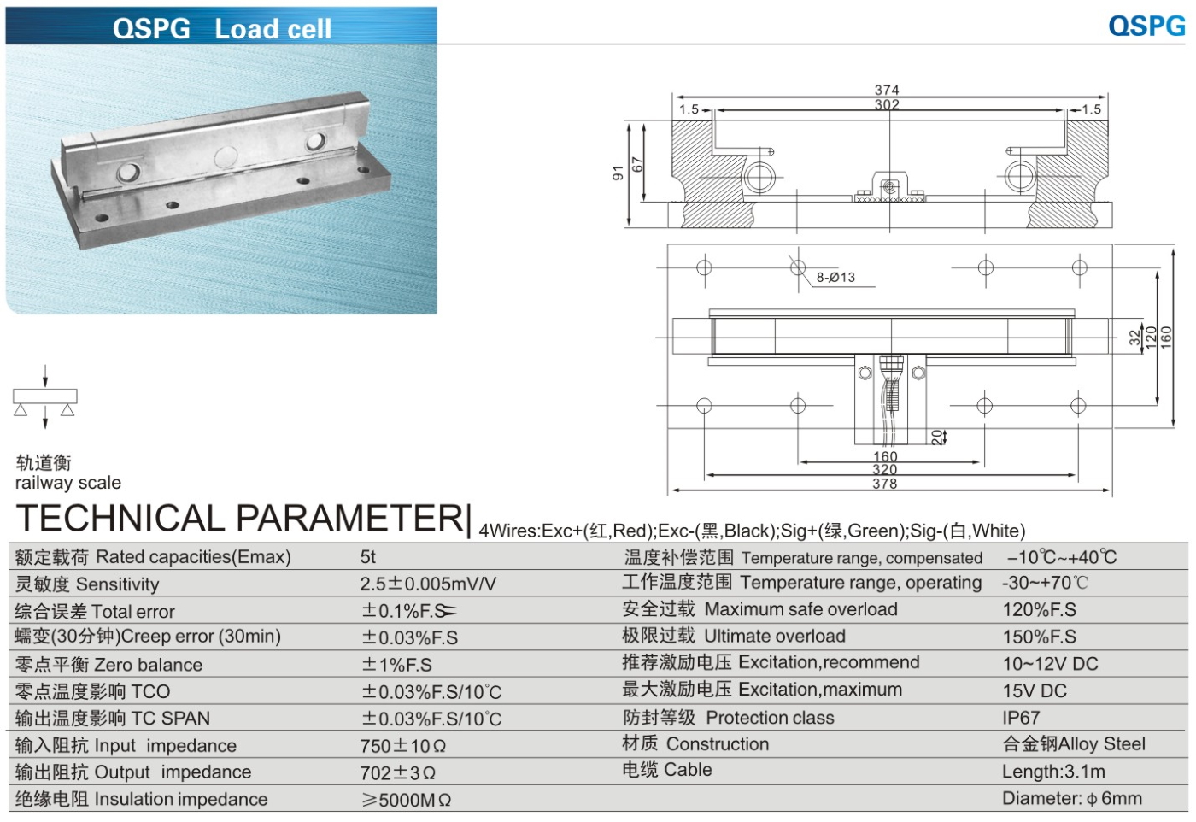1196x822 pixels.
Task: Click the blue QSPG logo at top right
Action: (1146, 26)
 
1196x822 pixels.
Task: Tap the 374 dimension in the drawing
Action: (886, 90)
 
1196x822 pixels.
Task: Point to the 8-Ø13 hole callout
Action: (835, 278)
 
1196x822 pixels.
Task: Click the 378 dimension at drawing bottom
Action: (884, 484)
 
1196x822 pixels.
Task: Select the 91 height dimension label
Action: (618, 173)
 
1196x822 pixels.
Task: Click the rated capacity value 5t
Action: (368, 557)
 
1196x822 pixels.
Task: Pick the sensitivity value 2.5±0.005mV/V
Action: (427, 584)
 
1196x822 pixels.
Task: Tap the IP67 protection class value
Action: (1021, 718)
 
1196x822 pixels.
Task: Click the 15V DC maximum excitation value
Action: (1035, 690)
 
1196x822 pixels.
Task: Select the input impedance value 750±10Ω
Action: (402, 746)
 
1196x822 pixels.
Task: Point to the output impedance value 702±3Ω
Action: (397, 773)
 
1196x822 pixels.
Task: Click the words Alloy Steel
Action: (1102, 744)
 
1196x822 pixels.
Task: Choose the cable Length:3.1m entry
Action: (1053, 772)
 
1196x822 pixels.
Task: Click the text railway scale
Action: (68, 483)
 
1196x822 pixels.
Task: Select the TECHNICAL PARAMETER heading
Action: (241, 518)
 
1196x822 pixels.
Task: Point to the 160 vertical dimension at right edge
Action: (1166, 337)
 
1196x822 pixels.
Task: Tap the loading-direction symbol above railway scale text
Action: (44, 397)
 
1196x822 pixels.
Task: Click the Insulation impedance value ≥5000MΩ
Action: (406, 801)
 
